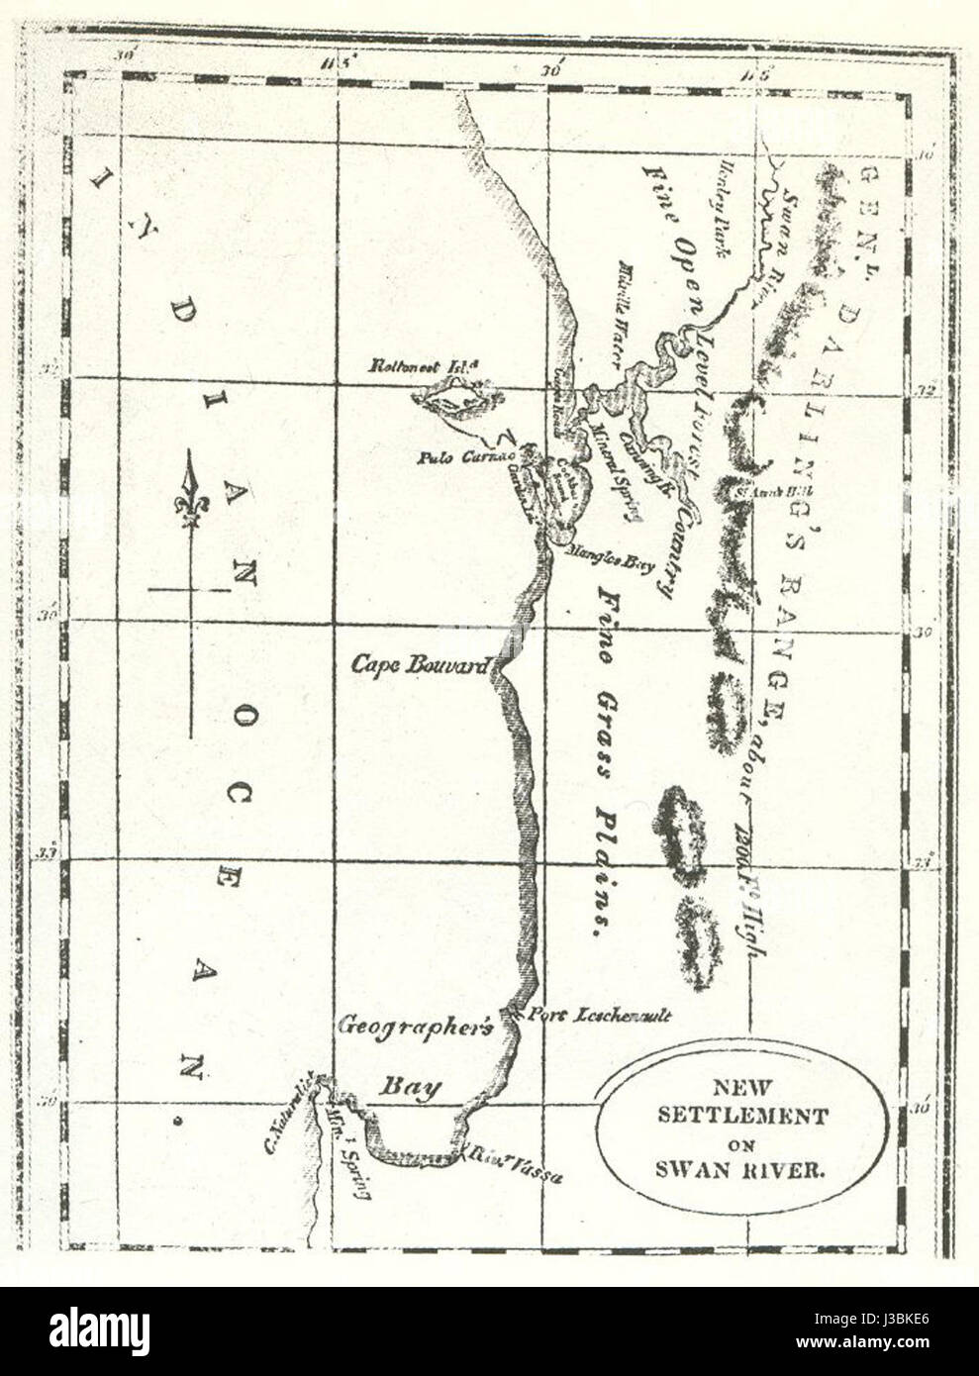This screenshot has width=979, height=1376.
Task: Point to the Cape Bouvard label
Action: (x=420, y=665)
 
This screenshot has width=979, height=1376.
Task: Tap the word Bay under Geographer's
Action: (x=410, y=1086)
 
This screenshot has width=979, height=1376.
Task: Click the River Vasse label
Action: (x=514, y=1164)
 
